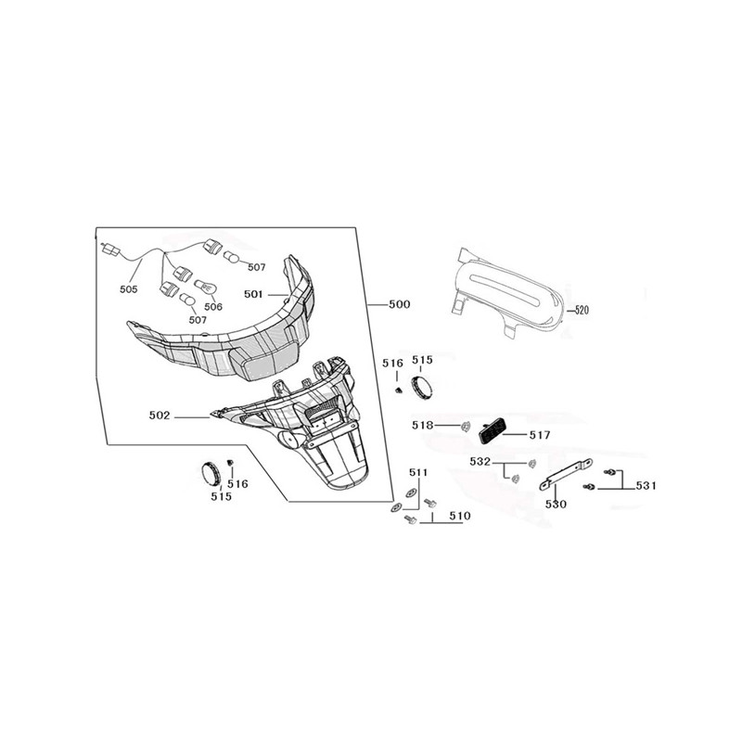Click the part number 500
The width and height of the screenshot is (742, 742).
400,304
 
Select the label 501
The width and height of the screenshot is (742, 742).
253,294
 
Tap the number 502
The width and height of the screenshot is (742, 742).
159,416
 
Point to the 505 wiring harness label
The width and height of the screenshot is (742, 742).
129,288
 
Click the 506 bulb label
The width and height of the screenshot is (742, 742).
213,307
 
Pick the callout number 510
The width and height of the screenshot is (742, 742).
460,516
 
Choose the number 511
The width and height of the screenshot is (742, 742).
418,472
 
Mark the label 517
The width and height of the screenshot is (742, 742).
540,434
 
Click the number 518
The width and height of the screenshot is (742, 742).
422,426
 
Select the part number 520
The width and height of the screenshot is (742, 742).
582,311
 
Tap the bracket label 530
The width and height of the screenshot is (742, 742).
556,505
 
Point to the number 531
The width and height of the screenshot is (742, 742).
646,485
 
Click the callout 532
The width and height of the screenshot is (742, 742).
480,461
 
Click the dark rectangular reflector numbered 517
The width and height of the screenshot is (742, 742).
492,430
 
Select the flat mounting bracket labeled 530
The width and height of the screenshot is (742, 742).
567,474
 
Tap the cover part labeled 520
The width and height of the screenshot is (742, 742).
506,293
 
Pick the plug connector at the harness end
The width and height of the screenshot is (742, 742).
110,249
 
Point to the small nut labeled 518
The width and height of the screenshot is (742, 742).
466,427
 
